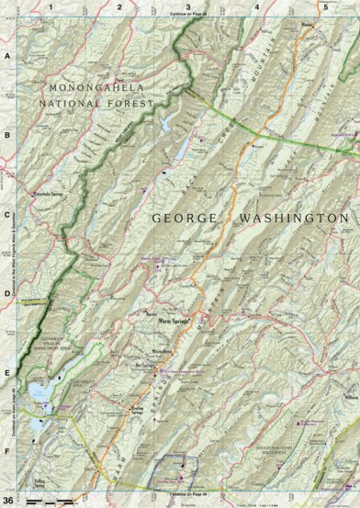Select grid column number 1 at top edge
(x=51, y=6)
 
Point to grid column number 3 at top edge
(x=187, y=6)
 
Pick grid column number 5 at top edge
(x=325, y=6)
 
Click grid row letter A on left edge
(x=7, y=56)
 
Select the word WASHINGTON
(x=294, y=220)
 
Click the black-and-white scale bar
(x=56, y=499)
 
